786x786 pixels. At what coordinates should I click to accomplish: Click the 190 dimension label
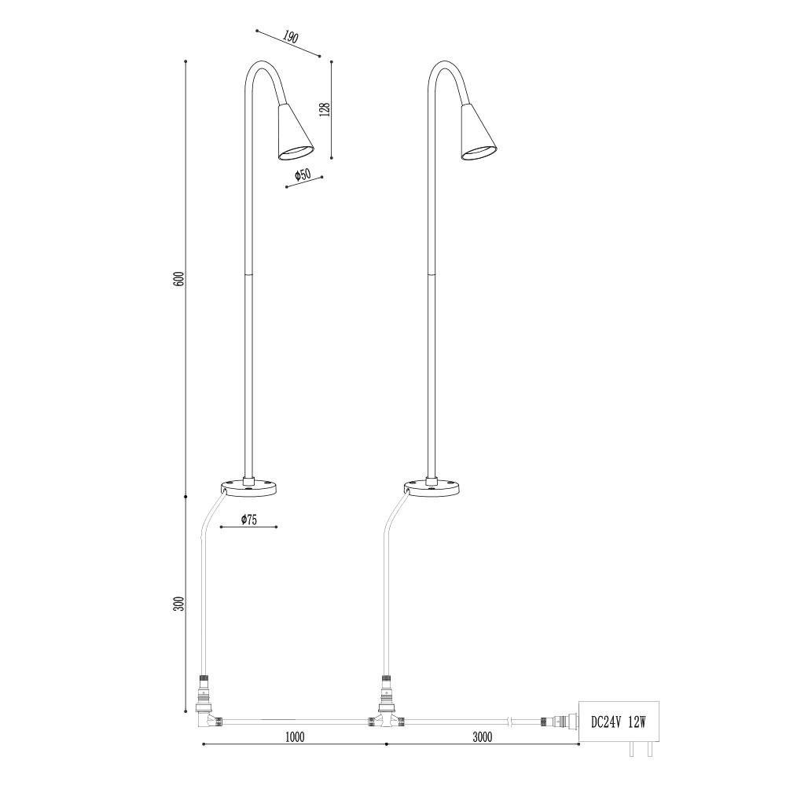click(x=291, y=37)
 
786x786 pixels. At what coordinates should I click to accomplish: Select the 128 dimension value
click(x=325, y=109)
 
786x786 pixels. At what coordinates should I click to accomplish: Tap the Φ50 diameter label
click(x=303, y=175)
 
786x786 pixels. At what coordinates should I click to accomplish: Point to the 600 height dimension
click(x=179, y=279)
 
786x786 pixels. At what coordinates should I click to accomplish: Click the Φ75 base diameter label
click(x=248, y=520)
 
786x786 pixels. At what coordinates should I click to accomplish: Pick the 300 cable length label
click(x=179, y=604)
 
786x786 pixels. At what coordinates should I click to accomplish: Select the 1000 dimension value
click(x=295, y=737)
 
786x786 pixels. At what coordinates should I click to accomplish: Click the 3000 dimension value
click(x=483, y=737)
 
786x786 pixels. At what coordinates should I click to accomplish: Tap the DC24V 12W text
click(x=619, y=722)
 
